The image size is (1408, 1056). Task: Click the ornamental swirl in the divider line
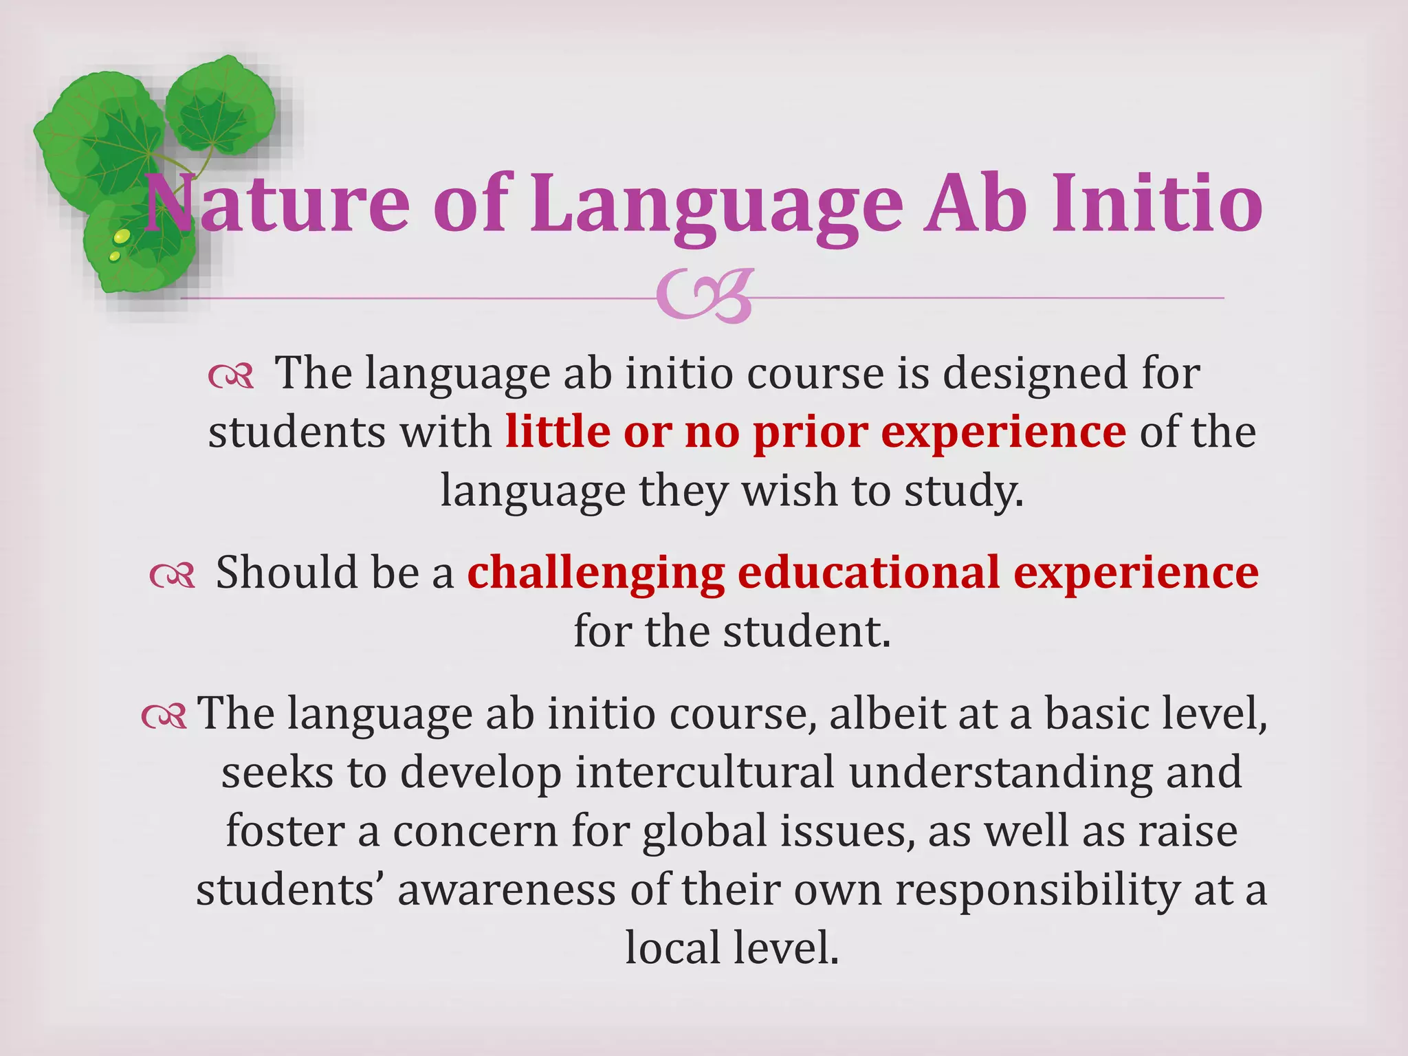pos(704,297)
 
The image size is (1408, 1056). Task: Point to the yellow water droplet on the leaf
pos(121,237)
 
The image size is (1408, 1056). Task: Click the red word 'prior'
pos(810,432)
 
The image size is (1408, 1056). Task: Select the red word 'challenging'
pos(595,573)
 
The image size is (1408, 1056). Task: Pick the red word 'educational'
pos(868,572)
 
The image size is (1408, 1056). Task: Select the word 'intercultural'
pos(705,772)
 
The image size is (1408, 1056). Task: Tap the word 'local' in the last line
pos(671,948)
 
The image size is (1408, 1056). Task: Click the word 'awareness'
pos(507,890)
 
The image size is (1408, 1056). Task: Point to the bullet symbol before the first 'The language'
pos(231,377)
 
